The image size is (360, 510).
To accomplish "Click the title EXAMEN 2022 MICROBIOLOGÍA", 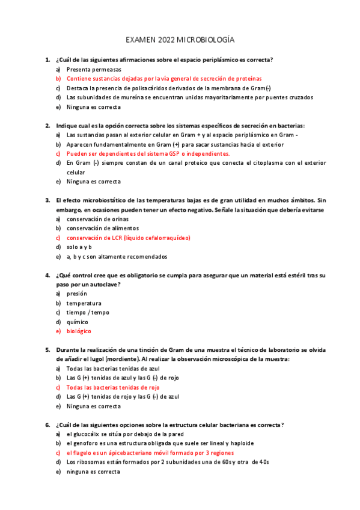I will coord(180,40).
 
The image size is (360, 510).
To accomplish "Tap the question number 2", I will coord(47,126).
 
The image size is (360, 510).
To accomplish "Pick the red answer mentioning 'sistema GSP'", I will coord(148,153).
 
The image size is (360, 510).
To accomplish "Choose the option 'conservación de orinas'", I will coord(94,219).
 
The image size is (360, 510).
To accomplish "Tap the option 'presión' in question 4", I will coord(77,293).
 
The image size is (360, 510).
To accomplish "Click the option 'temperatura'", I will coord(84,303).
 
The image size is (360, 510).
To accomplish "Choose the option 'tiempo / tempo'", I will coord(88,313).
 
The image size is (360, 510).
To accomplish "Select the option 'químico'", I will coord(78,322).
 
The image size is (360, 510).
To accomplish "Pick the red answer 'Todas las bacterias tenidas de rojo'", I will coord(113,387).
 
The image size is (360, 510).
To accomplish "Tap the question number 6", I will coord(47,425).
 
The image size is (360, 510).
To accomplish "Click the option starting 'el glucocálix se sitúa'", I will coord(125,434).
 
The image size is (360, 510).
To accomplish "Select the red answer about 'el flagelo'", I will coord(150,452).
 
